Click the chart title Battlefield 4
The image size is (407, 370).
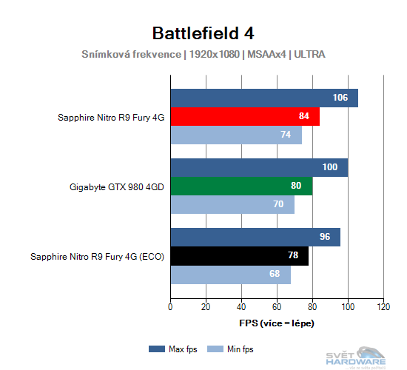click(203, 33)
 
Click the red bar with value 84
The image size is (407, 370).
click(245, 117)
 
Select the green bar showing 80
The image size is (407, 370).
click(241, 186)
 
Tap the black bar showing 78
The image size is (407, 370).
click(239, 256)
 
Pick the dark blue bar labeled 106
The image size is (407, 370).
click(264, 98)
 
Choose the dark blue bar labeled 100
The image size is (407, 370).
click(259, 167)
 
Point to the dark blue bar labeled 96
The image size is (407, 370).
click(255, 237)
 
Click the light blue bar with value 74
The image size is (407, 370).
click(236, 135)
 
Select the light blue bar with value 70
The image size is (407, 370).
click(232, 205)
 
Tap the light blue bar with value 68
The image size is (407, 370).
click(230, 275)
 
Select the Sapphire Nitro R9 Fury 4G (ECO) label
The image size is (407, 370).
click(97, 257)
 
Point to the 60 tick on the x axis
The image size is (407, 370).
click(277, 306)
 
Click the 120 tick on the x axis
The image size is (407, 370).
click(383, 306)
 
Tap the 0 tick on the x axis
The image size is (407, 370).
click(171, 306)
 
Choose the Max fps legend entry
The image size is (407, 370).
click(174, 349)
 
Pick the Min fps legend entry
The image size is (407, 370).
click(233, 349)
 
